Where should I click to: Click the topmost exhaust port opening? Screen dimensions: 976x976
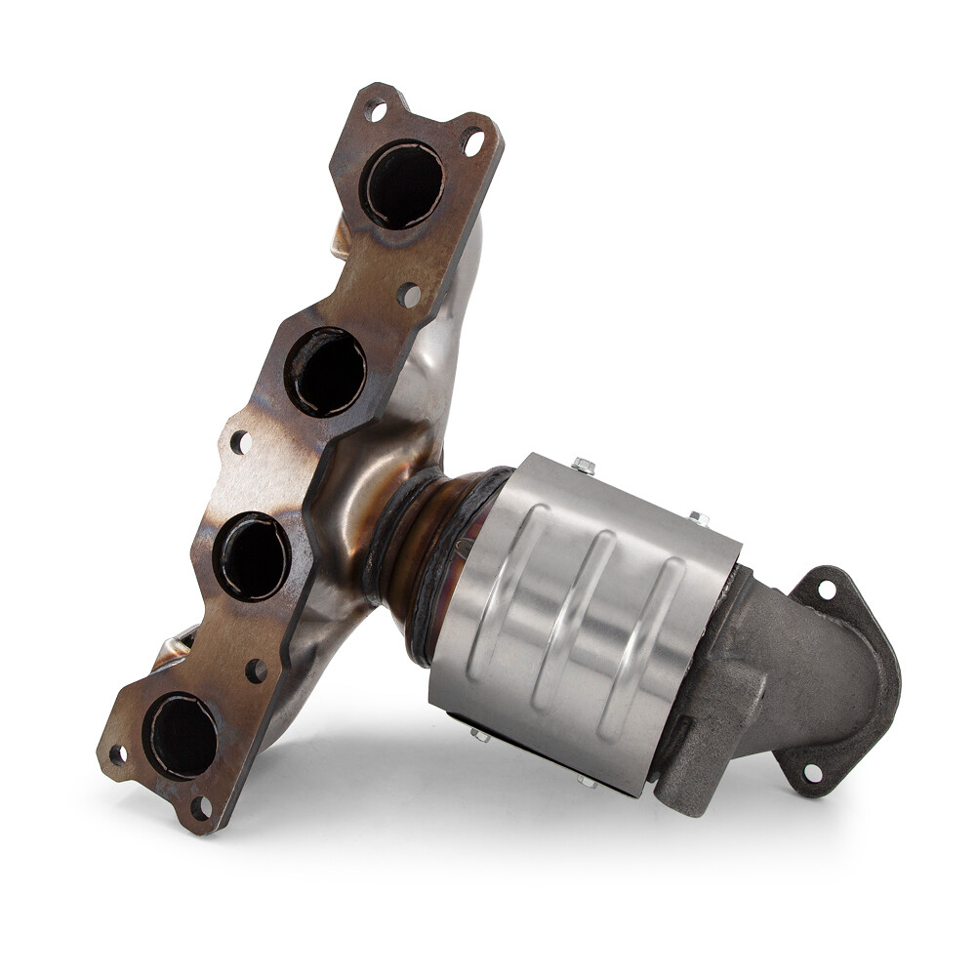click(403, 184)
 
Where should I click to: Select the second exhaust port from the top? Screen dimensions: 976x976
click(327, 372)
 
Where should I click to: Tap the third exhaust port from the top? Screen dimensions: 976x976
click(253, 557)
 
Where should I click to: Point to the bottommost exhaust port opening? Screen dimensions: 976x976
click(182, 735)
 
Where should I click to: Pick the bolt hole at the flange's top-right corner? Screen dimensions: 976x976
click(473, 143)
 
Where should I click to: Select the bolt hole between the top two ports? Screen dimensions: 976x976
click(409, 294)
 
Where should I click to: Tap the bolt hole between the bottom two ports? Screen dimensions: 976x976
click(256, 671)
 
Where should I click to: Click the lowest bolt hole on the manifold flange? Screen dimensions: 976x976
click(200, 807)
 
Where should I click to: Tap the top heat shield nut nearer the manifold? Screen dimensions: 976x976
click(584, 466)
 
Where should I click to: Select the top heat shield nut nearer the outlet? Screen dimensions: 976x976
click(699, 518)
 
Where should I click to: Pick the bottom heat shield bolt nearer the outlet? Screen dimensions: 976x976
click(586, 781)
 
